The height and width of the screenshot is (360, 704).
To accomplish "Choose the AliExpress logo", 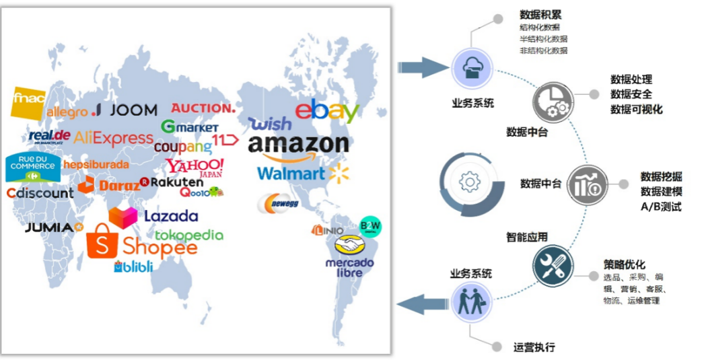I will point(113,138).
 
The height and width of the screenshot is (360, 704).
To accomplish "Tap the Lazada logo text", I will point(171,216).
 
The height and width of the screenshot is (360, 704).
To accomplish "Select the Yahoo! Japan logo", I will point(195,166).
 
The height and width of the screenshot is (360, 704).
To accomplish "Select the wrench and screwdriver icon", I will point(553,264).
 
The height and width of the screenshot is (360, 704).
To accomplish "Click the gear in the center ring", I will point(468,182).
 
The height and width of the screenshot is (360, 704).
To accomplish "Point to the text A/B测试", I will point(661,207).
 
